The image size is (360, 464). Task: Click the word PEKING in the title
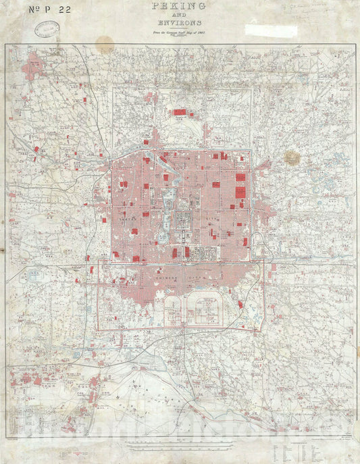pos(180,7)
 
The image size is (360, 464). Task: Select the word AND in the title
pos(180,19)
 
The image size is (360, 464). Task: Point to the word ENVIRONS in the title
pos(180,28)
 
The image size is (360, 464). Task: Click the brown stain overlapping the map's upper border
pos(105,45)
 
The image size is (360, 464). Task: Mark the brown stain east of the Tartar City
pos(292,157)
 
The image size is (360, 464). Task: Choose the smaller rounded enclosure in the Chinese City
pos(174,312)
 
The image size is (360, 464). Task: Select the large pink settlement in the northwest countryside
pos(32,69)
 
